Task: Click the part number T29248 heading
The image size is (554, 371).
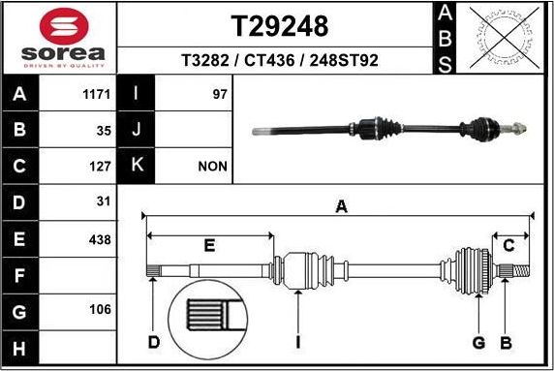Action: click(x=279, y=24)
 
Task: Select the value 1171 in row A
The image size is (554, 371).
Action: click(x=98, y=95)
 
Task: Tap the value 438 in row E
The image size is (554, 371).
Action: click(x=99, y=238)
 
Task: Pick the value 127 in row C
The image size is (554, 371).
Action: click(x=99, y=166)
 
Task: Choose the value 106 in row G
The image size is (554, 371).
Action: click(x=99, y=310)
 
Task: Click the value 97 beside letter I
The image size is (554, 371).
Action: click(x=217, y=95)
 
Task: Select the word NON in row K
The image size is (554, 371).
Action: click(x=212, y=166)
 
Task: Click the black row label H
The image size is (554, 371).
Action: click(x=20, y=346)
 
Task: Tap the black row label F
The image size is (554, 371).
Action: click(x=20, y=274)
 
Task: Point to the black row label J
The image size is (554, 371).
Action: click(x=137, y=130)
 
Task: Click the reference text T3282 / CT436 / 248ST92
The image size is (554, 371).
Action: click(x=279, y=60)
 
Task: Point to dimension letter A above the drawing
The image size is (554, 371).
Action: click(x=340, y=206)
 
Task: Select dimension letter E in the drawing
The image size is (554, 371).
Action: click(x=208, y=245)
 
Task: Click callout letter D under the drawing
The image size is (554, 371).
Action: click(x=153, y=342)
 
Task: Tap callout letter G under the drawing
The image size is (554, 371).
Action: click(x=478, y=342)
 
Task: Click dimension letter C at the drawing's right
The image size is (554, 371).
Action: click(x=508, y=245)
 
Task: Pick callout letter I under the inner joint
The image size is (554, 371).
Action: click(x=298, y=342)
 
